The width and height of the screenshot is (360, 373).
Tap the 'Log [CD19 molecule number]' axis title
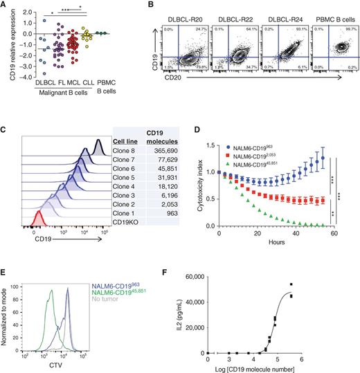coord(280,366)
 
